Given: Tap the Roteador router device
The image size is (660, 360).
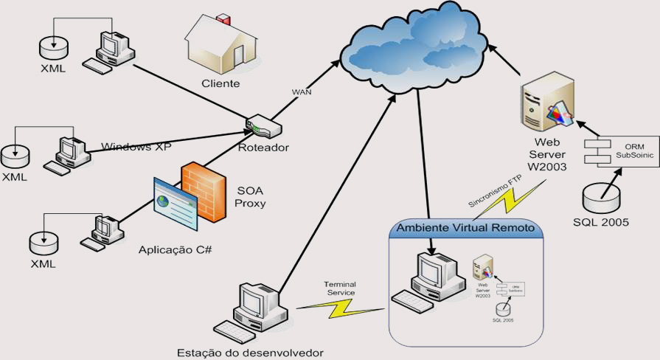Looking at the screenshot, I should tap(262, 127).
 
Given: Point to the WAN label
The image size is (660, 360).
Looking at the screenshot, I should tap(302, 92).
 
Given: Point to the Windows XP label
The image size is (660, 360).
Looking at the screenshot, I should tap(136, 146).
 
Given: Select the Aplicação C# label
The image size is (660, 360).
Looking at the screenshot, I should tap(175, 249).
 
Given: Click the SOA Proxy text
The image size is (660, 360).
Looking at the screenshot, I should tap(251, 196).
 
